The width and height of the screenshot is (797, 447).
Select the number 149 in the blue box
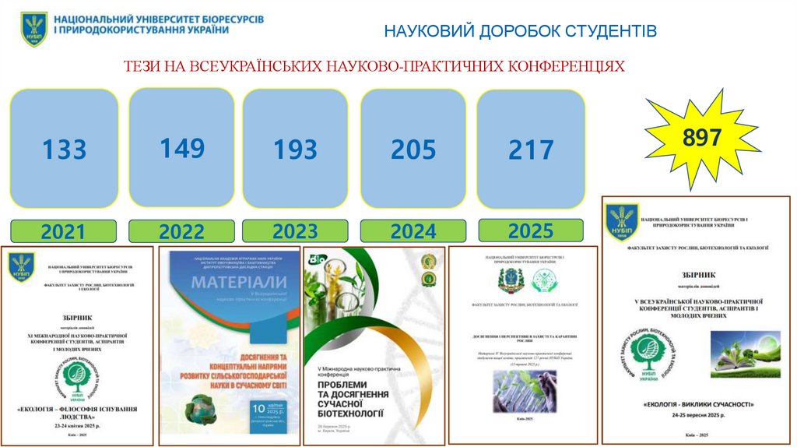(x=182, y=147)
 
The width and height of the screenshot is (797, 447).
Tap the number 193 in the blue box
(x=295, y=149)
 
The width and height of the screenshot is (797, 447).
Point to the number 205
(x=413, y=148)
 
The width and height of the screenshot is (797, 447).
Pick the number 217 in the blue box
(x=531, y=150)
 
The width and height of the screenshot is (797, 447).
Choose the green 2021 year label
(x=63, y=231)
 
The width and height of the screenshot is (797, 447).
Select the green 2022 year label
(x=181, y=231)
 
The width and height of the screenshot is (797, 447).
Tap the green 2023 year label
(x=295, y=231)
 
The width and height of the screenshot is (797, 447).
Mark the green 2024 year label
(x=413, y=231)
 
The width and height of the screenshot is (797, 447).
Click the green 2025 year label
(x=531, y=230)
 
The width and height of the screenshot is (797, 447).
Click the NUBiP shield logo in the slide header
(x=34, y=28)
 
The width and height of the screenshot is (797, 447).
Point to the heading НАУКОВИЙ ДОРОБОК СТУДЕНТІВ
(x=521, y=31)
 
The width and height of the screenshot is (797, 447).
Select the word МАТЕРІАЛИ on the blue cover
(x=229, y=280)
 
